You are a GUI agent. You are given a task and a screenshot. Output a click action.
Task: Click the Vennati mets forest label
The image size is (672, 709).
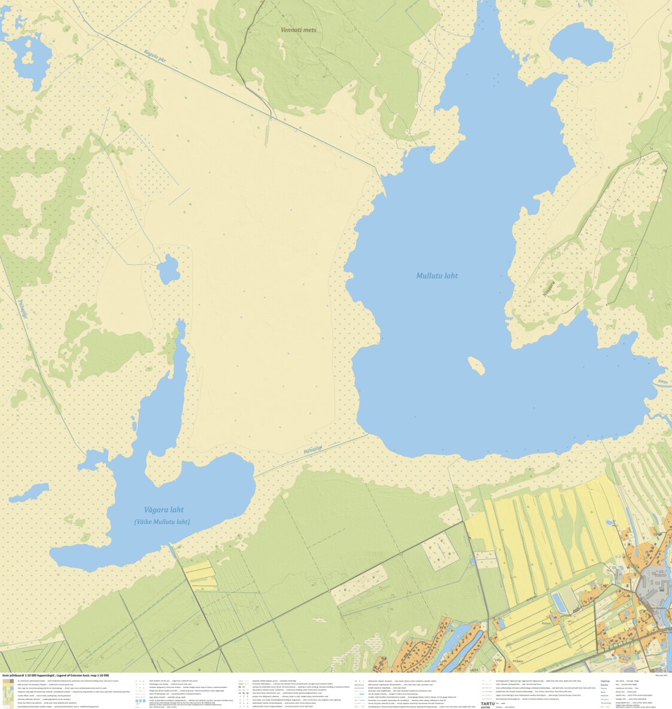[298, 29]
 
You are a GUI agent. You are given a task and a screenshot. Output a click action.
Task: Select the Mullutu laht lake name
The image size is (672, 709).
[437, 275]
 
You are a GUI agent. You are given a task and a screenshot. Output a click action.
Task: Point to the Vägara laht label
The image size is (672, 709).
[160, 510]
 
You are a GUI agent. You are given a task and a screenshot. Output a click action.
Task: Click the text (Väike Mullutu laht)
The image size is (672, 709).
[162, 522]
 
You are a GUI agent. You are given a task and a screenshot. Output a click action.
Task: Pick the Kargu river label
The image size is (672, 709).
[662, 381]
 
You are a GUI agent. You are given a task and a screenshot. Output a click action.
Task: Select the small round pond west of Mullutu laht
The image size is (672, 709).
[169, 268]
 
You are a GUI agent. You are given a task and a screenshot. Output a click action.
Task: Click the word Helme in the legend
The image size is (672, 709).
[605, 681]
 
